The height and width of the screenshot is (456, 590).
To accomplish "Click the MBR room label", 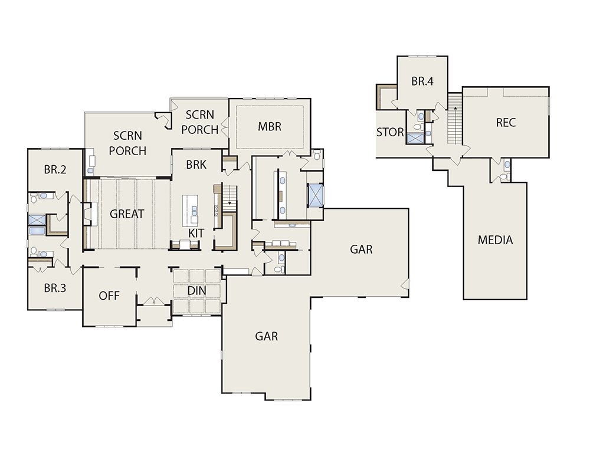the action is [270, 127].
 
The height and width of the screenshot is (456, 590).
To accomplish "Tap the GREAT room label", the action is [127, 214].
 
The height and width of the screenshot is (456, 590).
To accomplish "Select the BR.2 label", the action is [55, 170].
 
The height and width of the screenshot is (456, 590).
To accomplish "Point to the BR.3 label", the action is [55, 288].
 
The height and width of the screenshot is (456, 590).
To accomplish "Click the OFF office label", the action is [109, 296].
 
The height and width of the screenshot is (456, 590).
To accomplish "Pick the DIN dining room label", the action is [197, 291].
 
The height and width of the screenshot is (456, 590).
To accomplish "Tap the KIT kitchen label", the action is [196, 233].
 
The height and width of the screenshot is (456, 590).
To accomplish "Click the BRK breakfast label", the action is [196, 165].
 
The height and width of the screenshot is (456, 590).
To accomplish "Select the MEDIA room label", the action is [495, 240].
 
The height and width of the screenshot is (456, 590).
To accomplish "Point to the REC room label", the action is [506, 123].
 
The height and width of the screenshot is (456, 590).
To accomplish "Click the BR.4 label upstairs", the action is [422, 81].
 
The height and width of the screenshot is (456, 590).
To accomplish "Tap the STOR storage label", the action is [390, 133].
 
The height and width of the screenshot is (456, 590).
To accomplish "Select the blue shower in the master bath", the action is [315, 195].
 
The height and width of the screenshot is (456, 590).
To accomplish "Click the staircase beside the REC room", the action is [455, 119].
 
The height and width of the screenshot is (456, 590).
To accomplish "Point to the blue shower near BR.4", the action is [415, 139].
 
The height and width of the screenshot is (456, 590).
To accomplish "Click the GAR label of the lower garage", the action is [267, 336].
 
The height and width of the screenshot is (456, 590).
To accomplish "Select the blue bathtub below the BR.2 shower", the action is [37, 231].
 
